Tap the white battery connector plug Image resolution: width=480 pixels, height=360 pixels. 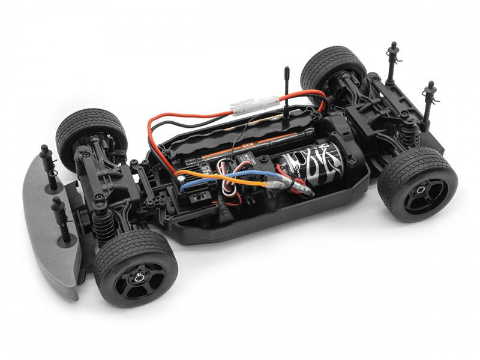(x=255, y=106)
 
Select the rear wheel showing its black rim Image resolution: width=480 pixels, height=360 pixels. (x=418, y=183)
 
